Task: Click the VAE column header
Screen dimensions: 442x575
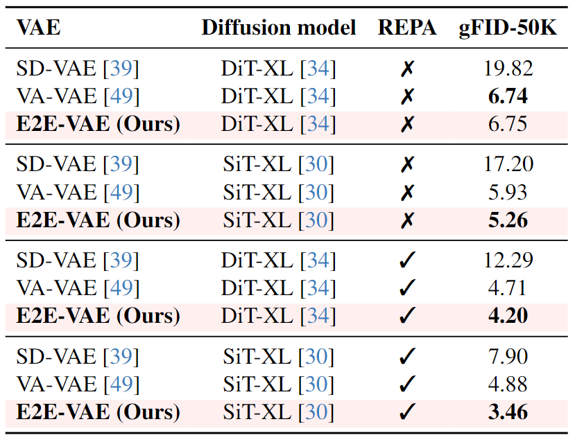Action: [38, 28]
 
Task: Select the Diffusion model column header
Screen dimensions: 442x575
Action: [279, 28]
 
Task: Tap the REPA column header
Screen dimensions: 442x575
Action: [407, 28]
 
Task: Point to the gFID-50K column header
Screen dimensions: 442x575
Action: [508, 28]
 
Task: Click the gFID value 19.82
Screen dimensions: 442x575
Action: [508, 69]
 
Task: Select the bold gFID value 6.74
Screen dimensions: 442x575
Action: [508, 96]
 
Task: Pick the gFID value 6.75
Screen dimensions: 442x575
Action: [508, 124]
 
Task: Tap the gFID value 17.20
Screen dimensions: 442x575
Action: [508, 165]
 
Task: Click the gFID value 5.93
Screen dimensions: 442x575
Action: [508, 192]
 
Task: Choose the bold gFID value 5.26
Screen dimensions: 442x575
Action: [508, 220]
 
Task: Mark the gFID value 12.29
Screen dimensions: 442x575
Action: [508, 260]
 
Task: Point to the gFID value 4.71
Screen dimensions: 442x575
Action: [508, 288]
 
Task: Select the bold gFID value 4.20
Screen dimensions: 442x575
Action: [508, 315]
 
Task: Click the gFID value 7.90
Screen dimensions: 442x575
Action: [508, 357]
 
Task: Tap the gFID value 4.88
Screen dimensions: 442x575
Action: [508, 384]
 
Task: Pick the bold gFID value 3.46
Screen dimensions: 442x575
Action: [508, 412]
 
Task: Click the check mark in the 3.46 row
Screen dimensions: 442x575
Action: [408, 412]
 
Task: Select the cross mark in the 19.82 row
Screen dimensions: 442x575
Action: [408, 69]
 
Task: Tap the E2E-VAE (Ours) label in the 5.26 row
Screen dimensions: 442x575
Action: [98, 220]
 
